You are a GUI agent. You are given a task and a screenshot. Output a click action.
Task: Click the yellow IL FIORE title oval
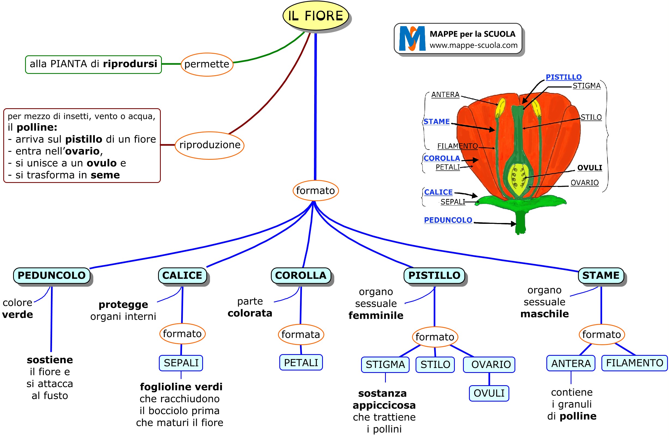point(316,16)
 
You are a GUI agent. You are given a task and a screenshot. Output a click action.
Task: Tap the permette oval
point(207,64)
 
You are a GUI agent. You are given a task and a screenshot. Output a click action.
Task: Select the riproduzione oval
point(210,145)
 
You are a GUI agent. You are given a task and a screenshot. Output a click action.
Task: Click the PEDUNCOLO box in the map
point(52,276)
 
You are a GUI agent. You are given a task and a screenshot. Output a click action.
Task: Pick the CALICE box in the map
point(182,276)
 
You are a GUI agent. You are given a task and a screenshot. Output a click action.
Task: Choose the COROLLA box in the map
point(301,276)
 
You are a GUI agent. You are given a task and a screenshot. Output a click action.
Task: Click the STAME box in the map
point(601,276)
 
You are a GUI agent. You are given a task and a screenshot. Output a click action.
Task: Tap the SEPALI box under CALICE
point(181,363)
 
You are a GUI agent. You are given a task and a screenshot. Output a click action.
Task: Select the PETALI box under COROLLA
point(301,363)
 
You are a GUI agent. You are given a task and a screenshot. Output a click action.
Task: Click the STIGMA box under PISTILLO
point(385,365)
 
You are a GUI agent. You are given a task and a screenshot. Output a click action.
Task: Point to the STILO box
point(435,365)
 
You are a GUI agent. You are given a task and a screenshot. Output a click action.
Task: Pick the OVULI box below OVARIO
point(489,393)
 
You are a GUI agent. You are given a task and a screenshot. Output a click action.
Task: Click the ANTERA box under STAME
point(571,363)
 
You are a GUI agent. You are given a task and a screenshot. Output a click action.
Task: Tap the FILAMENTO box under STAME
point(634,363)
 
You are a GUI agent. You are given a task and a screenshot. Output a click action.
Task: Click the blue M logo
point(412,38)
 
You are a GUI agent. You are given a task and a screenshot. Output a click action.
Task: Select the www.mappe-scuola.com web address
point(473,45)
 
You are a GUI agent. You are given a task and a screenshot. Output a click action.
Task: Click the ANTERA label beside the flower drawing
point(445,95)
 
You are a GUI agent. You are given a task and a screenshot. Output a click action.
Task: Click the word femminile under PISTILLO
point(376,316)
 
